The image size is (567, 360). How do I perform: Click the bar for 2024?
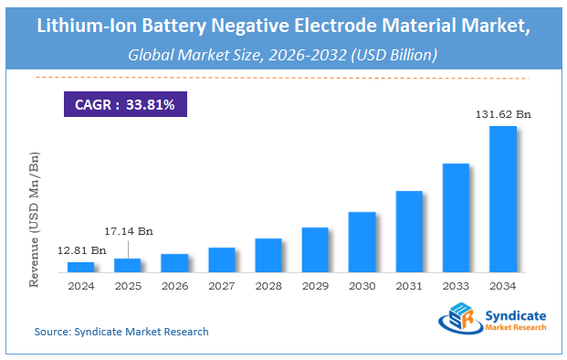pyautogui.click(x=80, y=267)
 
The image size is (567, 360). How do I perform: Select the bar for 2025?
pyautogui.click(x=128, y=265)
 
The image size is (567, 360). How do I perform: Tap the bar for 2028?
pyautogui.click(x=268, y=255)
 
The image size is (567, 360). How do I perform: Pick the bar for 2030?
pyautogui.click(x=362, y=242)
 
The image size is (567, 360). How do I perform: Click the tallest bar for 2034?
pyautogui.click(x=503, y=199)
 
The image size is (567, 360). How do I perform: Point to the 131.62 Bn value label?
pyautogui.click(x=503, y=115)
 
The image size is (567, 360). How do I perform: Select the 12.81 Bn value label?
pyautogui.click(x=80, y=249)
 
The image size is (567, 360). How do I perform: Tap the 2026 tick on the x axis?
pyautogui.click(x=174, y=285)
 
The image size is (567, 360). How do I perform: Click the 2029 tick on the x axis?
pyautogui.click(x=315, y=285)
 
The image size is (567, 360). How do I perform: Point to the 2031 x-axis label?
pyautogui.click(x=409, y=285)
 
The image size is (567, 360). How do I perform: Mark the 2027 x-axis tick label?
pyautogui.click(x=221, y=285)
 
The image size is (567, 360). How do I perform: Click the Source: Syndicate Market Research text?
pyautogui.click(x=121, y=331)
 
